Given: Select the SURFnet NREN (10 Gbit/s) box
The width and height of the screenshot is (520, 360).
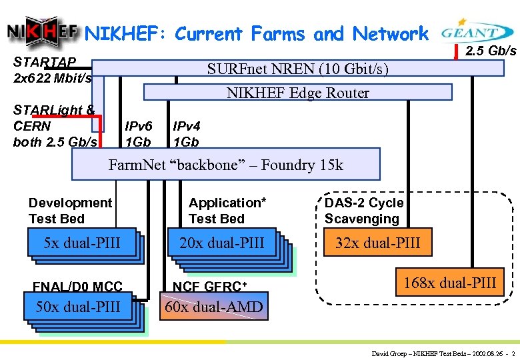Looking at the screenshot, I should click(x=297, y=69).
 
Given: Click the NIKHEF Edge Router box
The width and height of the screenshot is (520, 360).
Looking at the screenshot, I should click(x=297, y=92).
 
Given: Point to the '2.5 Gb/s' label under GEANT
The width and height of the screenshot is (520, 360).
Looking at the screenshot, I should click(x=491, y=51).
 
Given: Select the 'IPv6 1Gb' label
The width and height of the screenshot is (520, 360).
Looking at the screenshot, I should click(x=139, y=133).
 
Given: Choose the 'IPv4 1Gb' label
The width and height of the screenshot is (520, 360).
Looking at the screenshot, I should click(x=186, y=133).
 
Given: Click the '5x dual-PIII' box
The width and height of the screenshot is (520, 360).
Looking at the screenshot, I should click(x=82, y=243).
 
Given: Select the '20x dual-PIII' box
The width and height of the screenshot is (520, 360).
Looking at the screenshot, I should click(x=222, y=243).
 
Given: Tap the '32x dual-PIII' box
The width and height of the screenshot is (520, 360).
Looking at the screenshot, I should click(x=377, y=243).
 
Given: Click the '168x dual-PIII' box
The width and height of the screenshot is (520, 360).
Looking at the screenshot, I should click(x=449, y=283).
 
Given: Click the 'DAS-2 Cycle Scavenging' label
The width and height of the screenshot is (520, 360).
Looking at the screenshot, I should click(x=363, y=210).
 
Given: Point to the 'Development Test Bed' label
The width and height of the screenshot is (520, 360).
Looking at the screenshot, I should click(x=70, y=210).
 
